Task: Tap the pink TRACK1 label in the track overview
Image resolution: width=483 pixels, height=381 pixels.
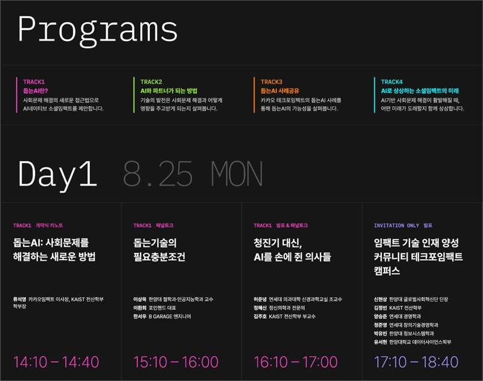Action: tap(34, 82)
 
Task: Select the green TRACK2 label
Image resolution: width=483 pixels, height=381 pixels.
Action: tap(151, 82)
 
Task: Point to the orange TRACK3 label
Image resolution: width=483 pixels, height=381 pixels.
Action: tap(271, 82)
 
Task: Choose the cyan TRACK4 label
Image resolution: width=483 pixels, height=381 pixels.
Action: tap(391, 82)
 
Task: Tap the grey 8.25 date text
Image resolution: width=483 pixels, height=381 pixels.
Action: tap(158, 174)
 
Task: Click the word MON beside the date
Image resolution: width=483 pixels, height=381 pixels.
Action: tap(237, 174)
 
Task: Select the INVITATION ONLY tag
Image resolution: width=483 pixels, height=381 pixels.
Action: tap(397, 225)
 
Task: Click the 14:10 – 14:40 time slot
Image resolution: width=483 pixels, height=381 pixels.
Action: tap(56, 362)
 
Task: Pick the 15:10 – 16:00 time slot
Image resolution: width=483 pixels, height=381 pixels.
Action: tap(176, 362)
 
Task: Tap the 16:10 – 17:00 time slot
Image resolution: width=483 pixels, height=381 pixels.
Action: tap(296, 362)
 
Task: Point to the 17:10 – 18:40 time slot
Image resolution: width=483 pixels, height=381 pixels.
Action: tap(416, 362)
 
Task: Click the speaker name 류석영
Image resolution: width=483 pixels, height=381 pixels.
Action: tap(19, 299)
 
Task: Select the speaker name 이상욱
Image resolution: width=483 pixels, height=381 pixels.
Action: tap(140, 299)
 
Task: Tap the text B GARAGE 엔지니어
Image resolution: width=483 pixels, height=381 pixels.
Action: tap(170, 316)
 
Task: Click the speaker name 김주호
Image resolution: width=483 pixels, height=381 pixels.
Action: tap(260, 316)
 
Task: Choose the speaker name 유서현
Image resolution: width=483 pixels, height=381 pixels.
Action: tap(380, 342)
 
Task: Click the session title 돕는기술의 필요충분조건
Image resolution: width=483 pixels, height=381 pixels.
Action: tap(159, 250)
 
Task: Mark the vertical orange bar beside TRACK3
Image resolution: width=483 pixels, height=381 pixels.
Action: tap(254, 95)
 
